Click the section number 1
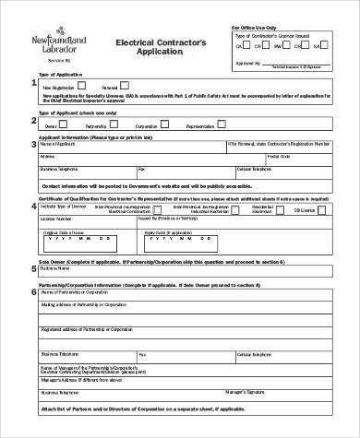click(33, 84)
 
